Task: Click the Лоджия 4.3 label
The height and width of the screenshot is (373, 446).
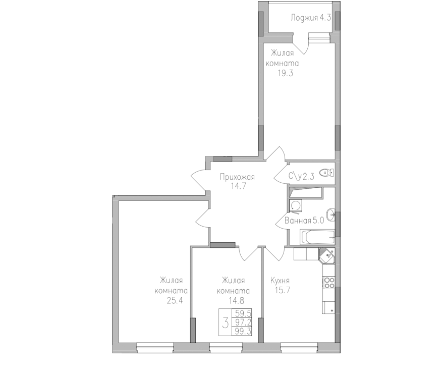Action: coord(311,18)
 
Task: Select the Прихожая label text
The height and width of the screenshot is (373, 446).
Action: coord(237,177)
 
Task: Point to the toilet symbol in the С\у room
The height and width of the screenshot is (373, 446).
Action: coord(326,173)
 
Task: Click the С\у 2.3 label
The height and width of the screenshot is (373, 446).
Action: coord(301,177)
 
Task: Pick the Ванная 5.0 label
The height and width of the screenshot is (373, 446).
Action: coord(304,221)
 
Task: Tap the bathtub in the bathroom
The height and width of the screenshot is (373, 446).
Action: coord(317,237)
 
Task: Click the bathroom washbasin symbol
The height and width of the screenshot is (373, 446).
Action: coord(331,215)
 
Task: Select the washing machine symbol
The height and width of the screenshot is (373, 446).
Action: coord(295,205)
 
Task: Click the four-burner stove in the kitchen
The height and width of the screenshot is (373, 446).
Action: coord(329,282)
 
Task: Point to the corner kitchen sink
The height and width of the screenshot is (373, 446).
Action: coord(327,255)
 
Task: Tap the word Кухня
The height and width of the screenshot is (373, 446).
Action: coord(280,281)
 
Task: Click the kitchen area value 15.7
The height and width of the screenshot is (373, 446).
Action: coord(282,291)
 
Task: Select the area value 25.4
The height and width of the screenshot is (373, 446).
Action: coord(175,300)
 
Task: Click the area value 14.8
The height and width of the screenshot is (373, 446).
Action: coord(236,300)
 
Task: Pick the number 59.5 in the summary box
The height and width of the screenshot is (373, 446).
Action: coord(243,313)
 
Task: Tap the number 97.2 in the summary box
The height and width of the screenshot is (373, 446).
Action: coord(243,323)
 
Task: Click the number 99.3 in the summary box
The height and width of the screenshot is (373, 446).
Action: coord(243,331)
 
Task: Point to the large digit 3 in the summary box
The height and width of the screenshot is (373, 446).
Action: coord(226,323)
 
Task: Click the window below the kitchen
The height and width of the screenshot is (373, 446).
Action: coord(299,347)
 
